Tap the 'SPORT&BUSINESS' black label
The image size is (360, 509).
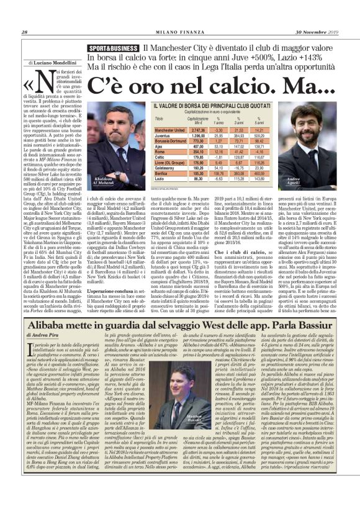(114, 48)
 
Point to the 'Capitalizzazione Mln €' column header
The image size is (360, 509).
(199, 119)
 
